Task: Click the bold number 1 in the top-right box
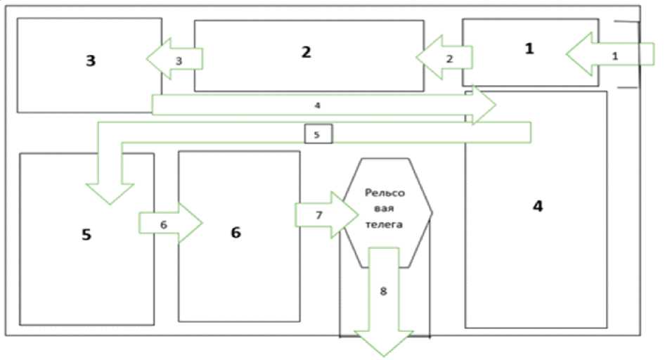click(529, 49)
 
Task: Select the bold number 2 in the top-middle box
click(305, 52)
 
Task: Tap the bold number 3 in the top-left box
click(90, 60)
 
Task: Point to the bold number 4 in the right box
click(537, 207)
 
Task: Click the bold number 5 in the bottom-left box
click(86, 234)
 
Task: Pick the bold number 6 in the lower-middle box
click(235, 233)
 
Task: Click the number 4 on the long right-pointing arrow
click(318, 105)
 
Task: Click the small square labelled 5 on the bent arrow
click(317, 134)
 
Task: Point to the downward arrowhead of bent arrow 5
click(109, 193)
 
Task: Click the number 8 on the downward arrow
click(383, 290)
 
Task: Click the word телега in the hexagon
click(384, 225)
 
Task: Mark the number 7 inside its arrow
click(319, 215)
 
